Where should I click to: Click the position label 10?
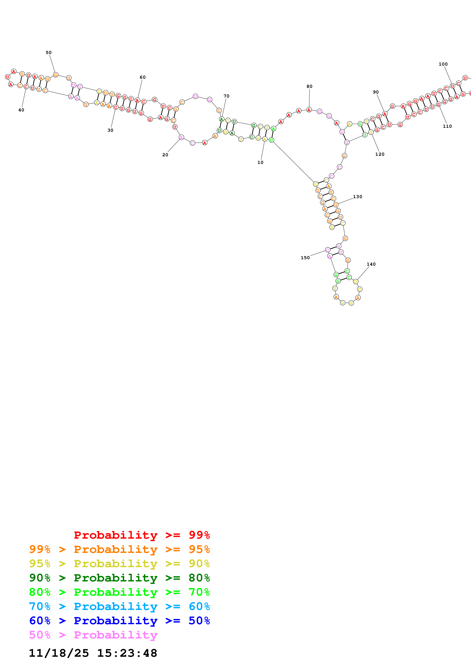tap(260, 162)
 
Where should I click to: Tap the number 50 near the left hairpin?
tap(48, 53)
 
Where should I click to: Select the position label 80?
tap(309, 86)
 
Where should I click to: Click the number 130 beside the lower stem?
tap(358, 197)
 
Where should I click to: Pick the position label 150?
tap(305, 258)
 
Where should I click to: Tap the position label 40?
tap(21, 110)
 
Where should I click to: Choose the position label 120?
tap(380, 154)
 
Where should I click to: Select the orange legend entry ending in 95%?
tap(119, 549)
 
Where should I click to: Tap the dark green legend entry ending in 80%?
tap(119, 578)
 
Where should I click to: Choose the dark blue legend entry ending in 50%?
tap(119, 621)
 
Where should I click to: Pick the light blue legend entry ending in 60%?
tap(119, 606)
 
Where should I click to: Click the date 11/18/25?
tap(59, 653)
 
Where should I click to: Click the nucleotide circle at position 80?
tap(309, 110)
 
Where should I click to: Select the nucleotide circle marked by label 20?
tap(181, 137)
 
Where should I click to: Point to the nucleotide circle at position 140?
tap(355, 282)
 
